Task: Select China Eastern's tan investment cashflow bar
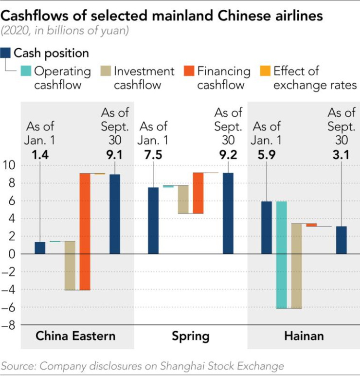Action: point(70,265)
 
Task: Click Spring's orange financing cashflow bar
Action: point(198,193)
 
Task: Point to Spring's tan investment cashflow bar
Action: point(183,199)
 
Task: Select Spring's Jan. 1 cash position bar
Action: point(153,221)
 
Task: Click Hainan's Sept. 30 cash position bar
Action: point(342,240)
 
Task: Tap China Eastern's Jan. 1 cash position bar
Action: point(40,248)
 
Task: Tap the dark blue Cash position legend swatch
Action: point(6,53)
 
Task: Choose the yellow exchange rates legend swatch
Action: point(265,71)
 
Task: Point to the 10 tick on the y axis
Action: point(10,166)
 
